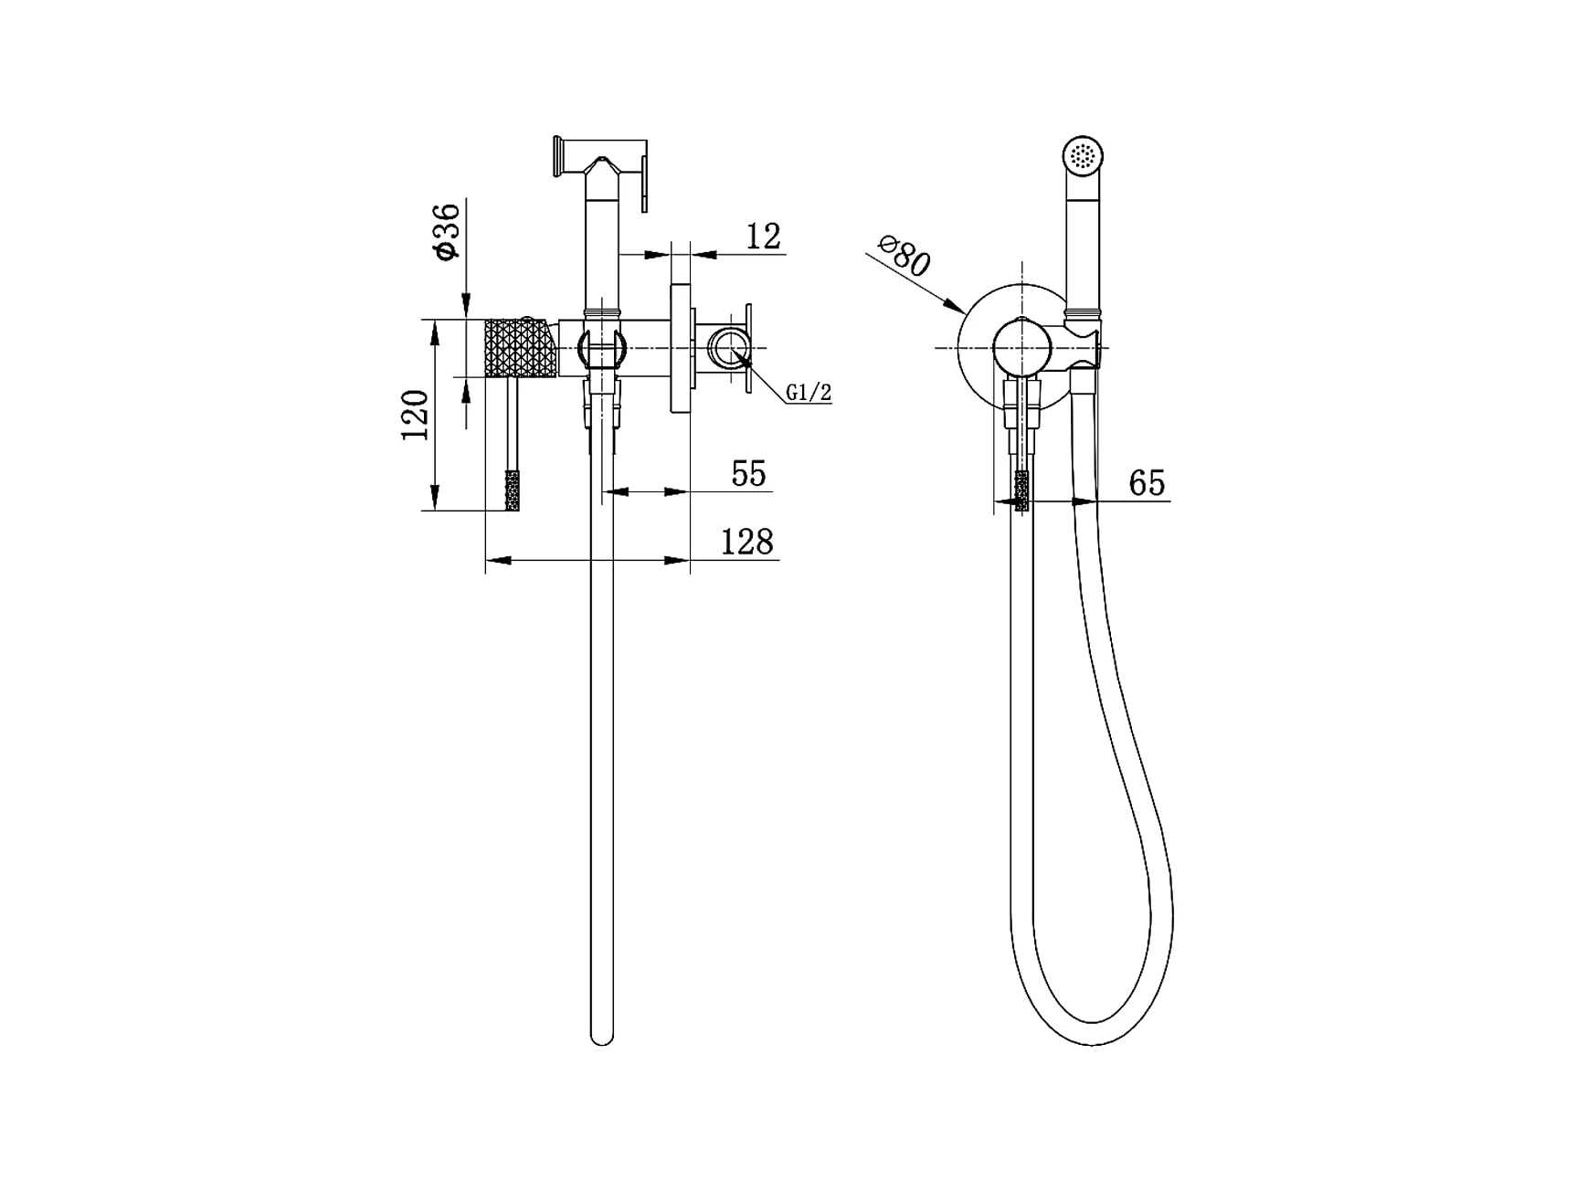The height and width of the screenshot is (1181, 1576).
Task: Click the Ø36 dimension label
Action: tap(447, 232)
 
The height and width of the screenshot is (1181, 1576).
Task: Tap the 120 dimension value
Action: tap(416, 415)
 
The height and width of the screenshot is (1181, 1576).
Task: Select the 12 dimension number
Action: tap(764, 237)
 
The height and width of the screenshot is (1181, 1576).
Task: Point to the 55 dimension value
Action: tap(748, 474)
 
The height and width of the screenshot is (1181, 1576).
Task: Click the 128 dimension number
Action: tap(747, 543)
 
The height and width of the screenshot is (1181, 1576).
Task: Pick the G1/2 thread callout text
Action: tap(809, 393)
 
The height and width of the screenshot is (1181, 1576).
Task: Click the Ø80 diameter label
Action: tap(904, 256)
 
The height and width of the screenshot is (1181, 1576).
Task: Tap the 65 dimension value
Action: tap(1148, 482)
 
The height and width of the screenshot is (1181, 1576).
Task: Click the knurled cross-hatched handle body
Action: tap(520, 348)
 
